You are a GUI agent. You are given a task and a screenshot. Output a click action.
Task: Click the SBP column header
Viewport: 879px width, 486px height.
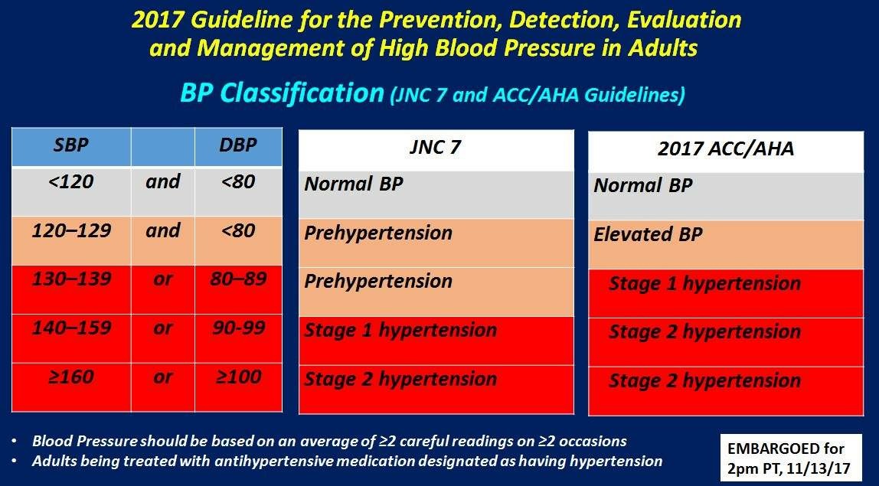[x=71, y=147]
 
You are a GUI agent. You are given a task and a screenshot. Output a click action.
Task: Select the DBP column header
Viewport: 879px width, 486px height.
[x=238, y=147]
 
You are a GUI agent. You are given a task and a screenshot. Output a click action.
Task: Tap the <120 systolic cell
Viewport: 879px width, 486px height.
[x=71, y=191]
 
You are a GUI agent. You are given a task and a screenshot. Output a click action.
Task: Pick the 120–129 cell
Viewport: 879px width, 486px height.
[x=71, y=241]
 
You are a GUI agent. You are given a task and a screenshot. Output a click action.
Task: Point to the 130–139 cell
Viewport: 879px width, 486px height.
[x=71, y=290]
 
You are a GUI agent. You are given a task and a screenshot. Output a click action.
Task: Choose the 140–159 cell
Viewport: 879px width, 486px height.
[x=71, y=338]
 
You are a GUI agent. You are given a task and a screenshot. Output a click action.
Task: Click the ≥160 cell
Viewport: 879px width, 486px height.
[x=71, y=387]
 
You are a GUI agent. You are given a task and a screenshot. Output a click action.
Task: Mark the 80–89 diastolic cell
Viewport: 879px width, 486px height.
[x=238, y=290]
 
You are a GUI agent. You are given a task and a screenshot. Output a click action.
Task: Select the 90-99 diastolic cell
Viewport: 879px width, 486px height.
[x=238, y=338]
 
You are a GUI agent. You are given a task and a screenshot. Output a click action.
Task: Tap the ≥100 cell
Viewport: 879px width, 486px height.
[x=238, y=387]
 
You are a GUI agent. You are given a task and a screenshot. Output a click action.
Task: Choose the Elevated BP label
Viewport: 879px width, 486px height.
[x=648, y=233]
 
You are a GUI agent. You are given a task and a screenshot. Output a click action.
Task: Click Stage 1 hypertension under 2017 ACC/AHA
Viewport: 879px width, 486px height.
[x=704, y=284]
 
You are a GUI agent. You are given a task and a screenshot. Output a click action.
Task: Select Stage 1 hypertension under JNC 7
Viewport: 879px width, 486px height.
[x=400, y=330]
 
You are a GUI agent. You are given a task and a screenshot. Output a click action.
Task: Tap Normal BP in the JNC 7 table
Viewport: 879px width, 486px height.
[x=353, y=184]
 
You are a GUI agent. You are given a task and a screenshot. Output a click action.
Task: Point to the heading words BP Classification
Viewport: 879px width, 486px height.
[x=282, y=93]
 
